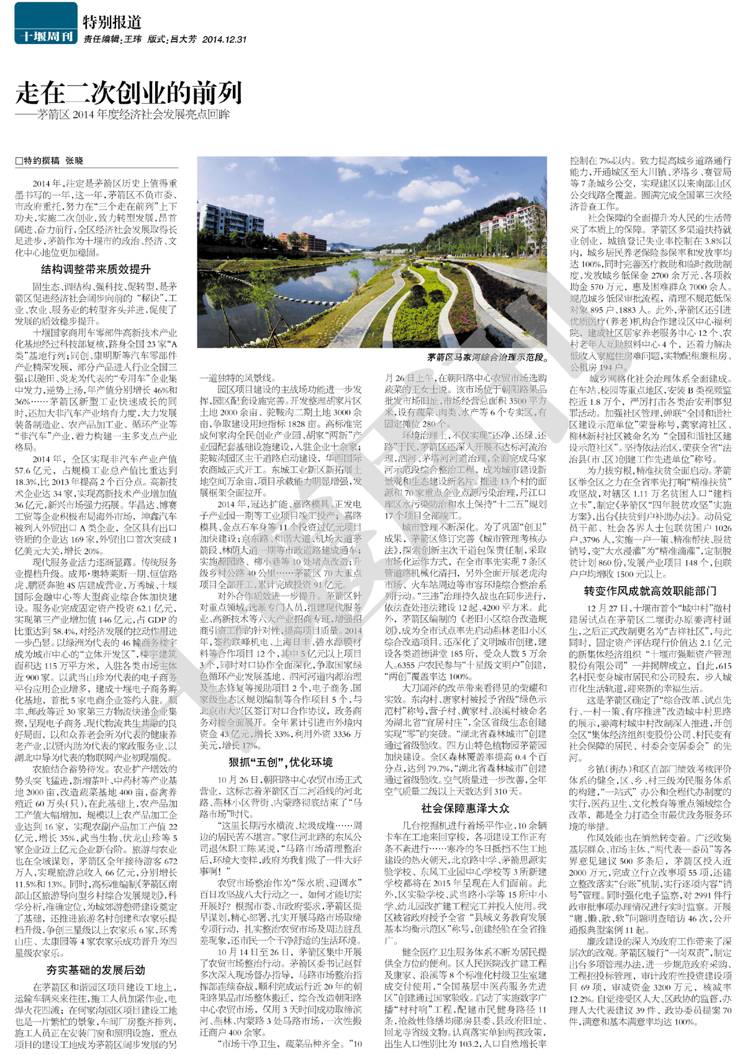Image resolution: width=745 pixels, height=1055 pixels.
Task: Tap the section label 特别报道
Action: coord(112,22)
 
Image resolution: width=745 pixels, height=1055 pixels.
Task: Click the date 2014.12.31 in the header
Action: coord(224,39)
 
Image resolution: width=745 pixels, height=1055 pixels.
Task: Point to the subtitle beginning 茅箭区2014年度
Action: coord(133,115)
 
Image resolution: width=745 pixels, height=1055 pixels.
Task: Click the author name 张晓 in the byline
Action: coord(74,161)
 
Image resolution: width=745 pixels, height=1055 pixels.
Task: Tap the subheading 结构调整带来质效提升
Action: coord(96,269)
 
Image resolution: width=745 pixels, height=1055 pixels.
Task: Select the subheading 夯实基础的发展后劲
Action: coord(96,969)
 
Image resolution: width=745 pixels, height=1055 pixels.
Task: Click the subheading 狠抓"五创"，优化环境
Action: coord(281,762)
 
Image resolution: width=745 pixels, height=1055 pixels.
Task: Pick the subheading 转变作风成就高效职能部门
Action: coord(650,591)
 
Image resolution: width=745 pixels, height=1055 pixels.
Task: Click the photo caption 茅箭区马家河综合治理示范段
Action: coord(487,358)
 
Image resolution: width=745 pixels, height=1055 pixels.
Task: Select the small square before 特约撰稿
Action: coord(19,161)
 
